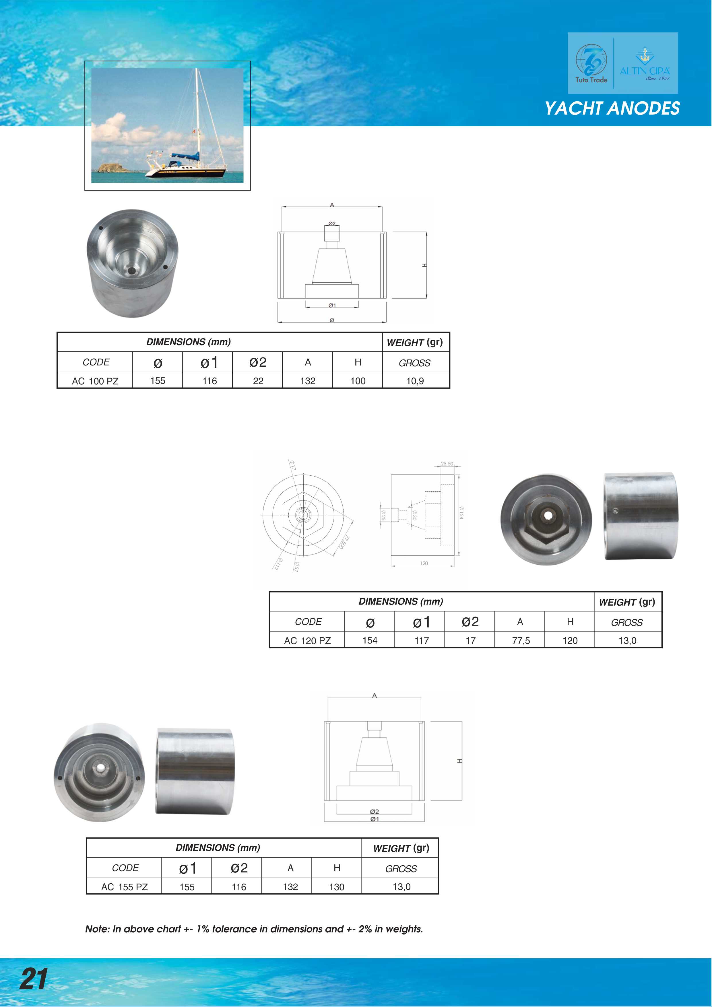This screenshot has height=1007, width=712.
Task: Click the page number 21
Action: click(x=33, y=979)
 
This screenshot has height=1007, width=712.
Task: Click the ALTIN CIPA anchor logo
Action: click(x=645, y=64)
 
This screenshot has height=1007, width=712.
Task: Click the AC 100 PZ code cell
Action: click(x=95, y=381)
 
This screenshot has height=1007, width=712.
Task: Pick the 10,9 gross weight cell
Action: click(x=415, y=381)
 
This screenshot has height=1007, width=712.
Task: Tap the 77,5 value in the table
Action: click(x=521, y=640)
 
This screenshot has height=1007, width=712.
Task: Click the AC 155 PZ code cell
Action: click(x=124, y=887)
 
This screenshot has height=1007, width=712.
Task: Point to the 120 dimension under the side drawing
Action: click(x=424, y=563)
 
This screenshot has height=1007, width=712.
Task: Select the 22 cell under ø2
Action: click(x=258, y=381)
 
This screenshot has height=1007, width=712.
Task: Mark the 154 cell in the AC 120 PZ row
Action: click(x=370, y=640)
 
